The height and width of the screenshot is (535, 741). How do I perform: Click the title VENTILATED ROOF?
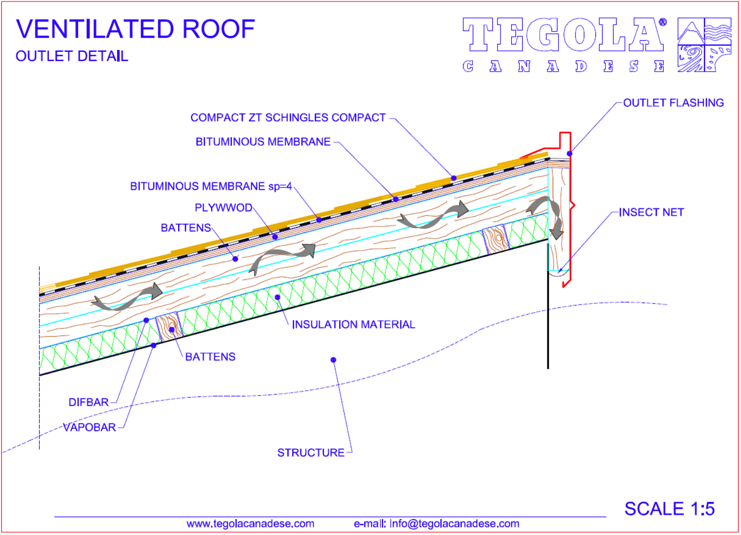pos(136,29)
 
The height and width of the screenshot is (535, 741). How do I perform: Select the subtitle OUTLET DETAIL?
pos(72,56)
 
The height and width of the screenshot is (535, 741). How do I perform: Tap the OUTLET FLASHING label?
pos(673,103)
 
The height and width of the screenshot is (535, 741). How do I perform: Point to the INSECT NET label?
pos(651,213)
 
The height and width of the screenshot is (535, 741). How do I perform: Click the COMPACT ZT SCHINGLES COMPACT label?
pos(288,118)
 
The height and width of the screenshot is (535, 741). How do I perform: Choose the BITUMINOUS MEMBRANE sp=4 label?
pos(211,186)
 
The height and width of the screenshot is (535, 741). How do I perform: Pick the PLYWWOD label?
pos(224,208)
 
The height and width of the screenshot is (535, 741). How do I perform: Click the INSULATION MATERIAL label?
pos(353,324)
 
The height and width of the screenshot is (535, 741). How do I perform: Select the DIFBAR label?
pos(89,402)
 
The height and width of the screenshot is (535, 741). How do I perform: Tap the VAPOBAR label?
pos(90,428)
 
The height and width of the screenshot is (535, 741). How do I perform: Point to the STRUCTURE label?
pos(311,453)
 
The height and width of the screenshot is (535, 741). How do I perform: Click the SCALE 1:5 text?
pos(669,509)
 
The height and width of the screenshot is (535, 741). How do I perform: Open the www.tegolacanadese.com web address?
pos(250,524)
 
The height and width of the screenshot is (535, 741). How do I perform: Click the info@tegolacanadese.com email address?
pos(454,524)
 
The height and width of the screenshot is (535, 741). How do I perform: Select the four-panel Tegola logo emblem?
pos(704,45)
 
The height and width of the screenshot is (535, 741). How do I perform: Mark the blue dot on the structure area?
pos(333,360)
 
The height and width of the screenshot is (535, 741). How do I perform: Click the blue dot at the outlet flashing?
pos(570,153)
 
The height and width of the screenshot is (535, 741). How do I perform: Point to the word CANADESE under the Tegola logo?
pos(564,66)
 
